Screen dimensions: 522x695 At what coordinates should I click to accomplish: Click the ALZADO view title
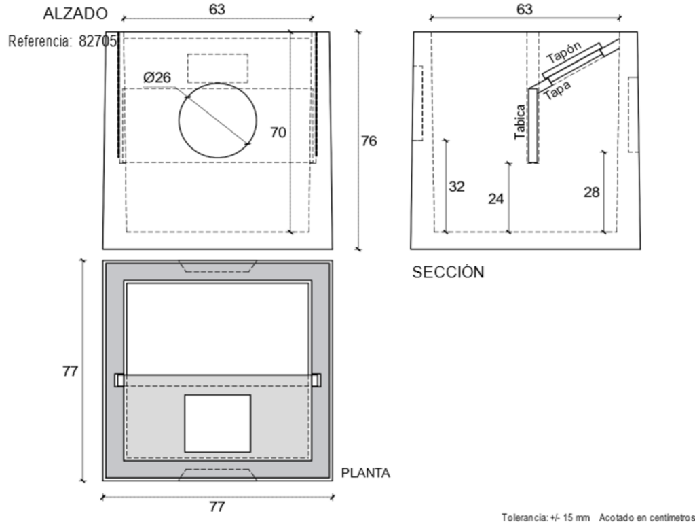(75, 14)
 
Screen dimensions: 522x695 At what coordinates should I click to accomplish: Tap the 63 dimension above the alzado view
(217, 10)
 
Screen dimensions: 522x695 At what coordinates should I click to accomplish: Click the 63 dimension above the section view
(525, 10)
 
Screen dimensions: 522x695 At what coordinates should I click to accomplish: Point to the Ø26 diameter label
(157, 77)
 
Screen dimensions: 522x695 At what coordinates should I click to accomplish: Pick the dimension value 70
(278, 133)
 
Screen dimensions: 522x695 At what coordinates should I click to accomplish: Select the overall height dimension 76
(369, 141)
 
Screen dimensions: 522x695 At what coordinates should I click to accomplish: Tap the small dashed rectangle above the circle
(218, 68)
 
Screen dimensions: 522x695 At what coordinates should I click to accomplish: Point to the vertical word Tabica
(520, 122)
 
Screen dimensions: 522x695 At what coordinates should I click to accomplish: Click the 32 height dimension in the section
(457, 186)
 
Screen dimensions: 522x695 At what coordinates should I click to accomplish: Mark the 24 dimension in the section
(496, 198)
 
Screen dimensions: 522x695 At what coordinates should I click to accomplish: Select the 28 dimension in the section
(591, 192)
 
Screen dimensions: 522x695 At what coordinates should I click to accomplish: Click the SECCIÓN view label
(448, 273)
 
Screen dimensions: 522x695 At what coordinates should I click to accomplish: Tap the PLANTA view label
(365, 473)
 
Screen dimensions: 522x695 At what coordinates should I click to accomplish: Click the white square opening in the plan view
(217, 423)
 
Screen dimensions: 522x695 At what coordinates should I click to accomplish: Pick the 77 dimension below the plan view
(217, 506)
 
